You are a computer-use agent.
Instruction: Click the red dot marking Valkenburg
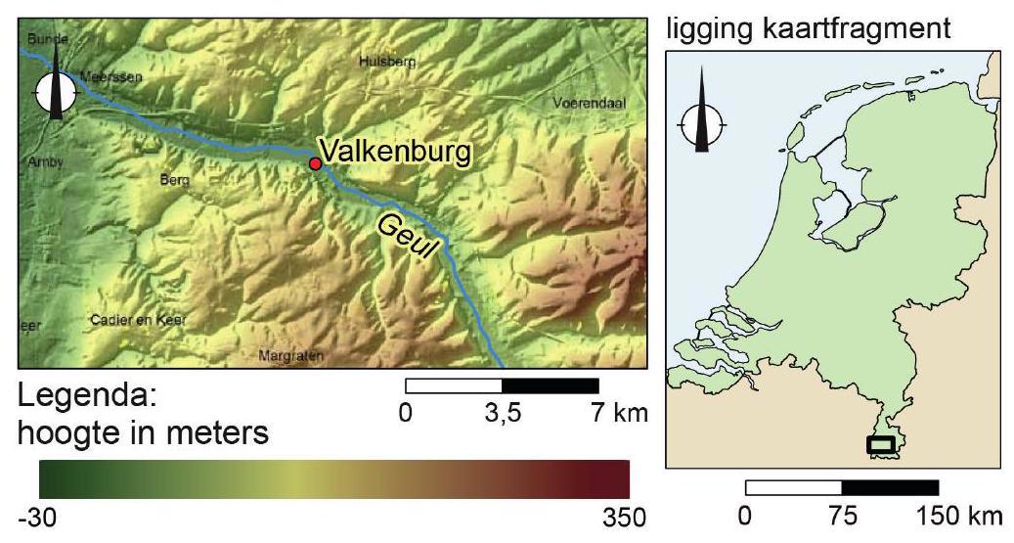(x=315, y=163)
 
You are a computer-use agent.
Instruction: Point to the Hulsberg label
(x=387, y=61)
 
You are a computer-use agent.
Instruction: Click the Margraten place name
(x=290, y=355)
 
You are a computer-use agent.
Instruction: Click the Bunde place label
(x=48, y=38)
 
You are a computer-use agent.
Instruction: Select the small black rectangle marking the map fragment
(x=880, y=444)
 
